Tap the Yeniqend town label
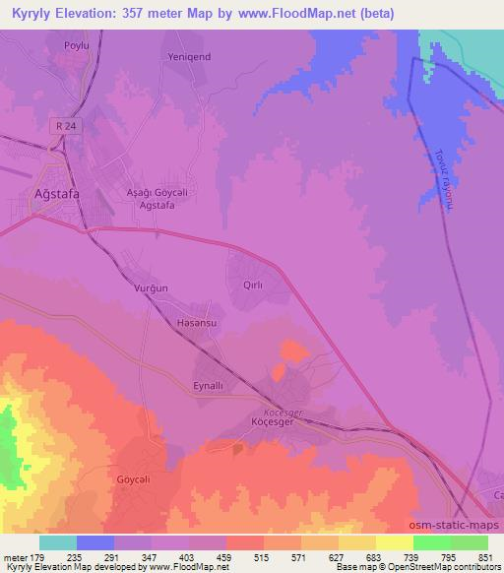188,56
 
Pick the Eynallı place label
210,385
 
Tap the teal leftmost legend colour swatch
58,542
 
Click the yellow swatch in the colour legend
394,542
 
